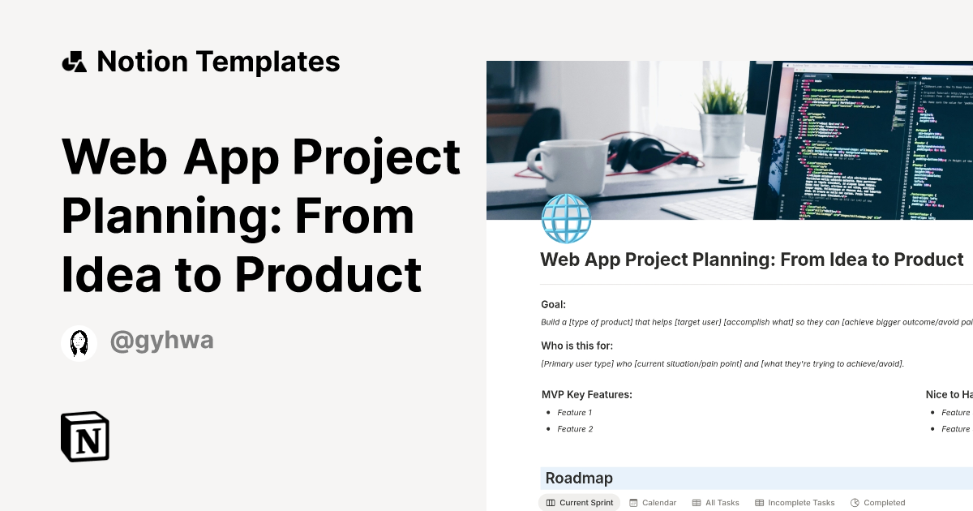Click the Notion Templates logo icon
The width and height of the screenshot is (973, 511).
[x=74, y=62]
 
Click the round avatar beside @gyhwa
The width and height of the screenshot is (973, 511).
[x=79, y=343]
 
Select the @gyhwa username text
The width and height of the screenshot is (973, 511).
[x=161, y=341]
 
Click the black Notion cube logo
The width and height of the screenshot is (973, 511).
[x=85, y=436]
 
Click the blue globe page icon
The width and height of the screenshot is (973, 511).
[x=566, y=219]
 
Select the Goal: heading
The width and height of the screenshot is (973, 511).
[x=553, y=305]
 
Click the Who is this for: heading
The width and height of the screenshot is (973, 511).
[x=577, y=346]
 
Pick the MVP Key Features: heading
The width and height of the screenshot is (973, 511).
[x=586, y=395]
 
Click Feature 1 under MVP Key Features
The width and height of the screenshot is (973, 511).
[x=575, y=413]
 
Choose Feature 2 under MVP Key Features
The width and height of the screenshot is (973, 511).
[x=575, y=429]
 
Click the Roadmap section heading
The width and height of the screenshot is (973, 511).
[x=579, y=479]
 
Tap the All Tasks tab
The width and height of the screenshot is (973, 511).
[x=716, y=503]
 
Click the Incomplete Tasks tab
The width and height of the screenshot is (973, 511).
[x=795, y=503]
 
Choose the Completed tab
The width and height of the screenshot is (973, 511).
[x=877, y=503]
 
